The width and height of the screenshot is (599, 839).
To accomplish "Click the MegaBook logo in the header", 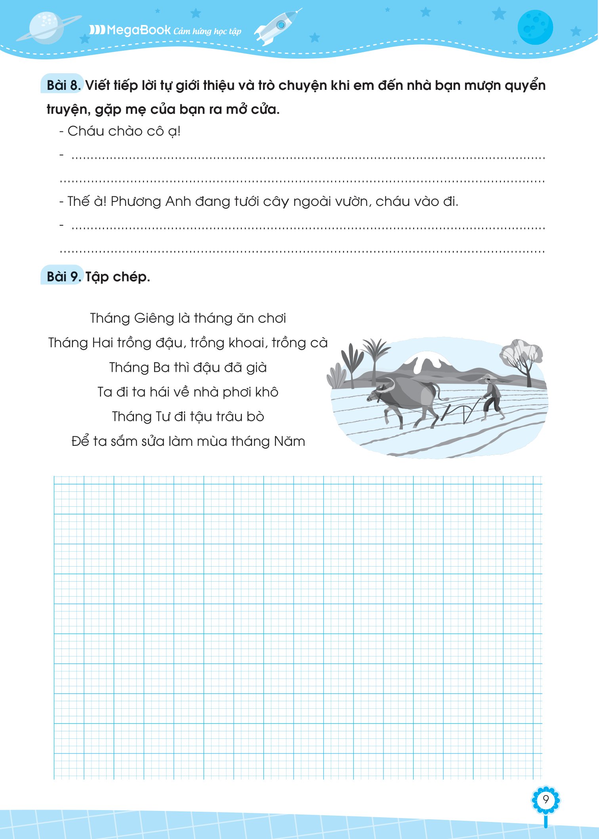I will click(x=131, y=30).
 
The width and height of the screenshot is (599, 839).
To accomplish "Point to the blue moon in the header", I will click(x=535, y=27).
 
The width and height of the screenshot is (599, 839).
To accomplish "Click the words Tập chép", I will click(x=118, y=276).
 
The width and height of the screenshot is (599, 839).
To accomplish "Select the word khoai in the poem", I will click(x=246, y=343).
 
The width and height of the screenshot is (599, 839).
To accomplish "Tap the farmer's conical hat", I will click(x=487, y=376).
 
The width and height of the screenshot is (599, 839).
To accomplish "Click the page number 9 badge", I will click(x=546, y=800).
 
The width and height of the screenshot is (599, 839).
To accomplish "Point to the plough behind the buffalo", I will click(x=462, y=412).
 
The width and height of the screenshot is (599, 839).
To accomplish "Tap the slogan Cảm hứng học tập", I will click(x=207, y=31).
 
